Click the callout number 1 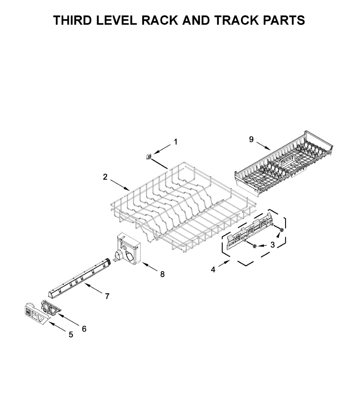pos(176,142)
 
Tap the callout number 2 pos(105,177)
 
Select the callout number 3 pos(273,245)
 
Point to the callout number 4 pos(213,270)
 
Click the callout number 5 pos(71,335)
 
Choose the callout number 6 pos(84,328)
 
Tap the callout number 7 pos(107,296)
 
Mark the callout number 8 pos(162,274)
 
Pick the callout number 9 pos(251,140)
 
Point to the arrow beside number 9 pos(263,146)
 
